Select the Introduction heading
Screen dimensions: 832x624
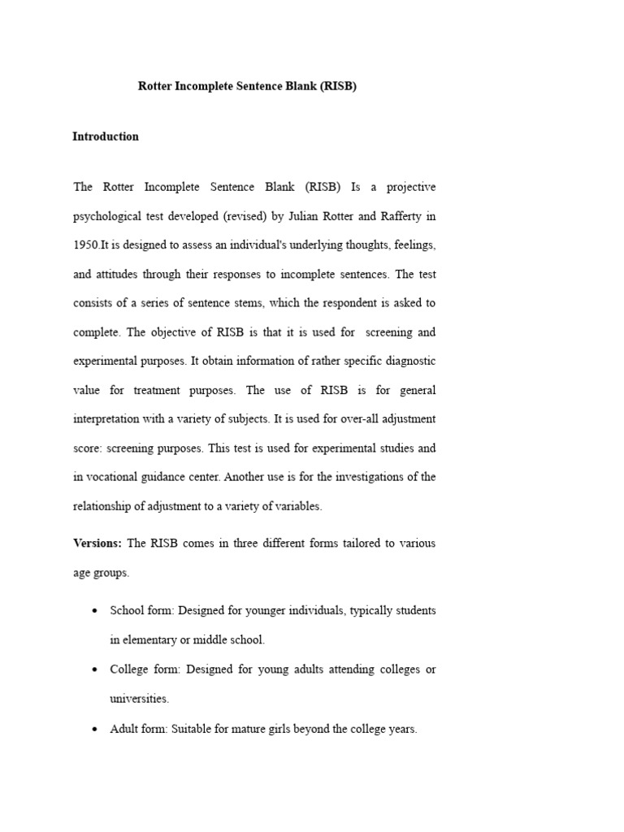coord(106,136)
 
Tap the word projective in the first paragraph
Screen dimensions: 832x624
coord(409,187)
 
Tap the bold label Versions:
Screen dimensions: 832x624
coord(97,543)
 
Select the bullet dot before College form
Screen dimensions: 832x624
coord(96,669)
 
